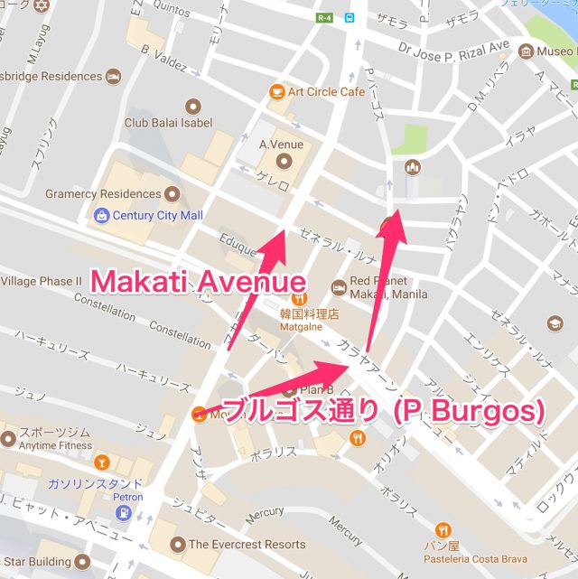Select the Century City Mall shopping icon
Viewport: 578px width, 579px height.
coord(101,215)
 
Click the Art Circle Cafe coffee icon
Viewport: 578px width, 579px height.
coord(276,91)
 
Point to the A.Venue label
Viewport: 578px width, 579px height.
coord(281,145)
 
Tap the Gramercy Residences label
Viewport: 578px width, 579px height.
coord(102,194)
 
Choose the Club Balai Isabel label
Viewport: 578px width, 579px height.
coord(168,123)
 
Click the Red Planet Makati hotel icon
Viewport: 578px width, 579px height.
coord(339,287)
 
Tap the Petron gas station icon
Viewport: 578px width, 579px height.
coord(123,512)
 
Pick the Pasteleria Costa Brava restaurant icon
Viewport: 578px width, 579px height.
coord(443,530)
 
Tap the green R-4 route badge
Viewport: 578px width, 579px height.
coord(324,16)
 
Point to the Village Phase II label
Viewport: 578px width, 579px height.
coord(42,281)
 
